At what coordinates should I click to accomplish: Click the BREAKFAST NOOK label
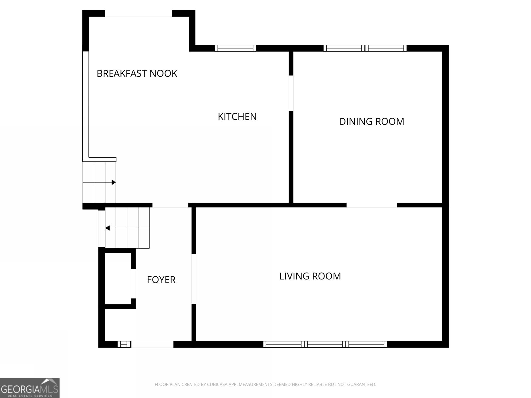click(x=137, y=73)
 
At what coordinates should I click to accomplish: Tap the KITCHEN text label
click(x=237, y=117)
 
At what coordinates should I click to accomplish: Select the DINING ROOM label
click(x=371, y=121)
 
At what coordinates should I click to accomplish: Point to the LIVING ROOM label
click(x=310, y=276)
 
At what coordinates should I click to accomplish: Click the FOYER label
click(x=161, y=280)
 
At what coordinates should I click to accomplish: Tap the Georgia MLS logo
click(x=30, y=388)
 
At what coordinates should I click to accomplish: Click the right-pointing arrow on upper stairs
click(x=114, y=182)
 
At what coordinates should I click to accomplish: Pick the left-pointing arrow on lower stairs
click(x=108, y=228)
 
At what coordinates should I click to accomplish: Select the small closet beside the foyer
click(x=118, y=279)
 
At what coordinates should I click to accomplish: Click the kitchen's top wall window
click(x=235, y=48)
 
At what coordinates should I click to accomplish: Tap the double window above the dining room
click(x=365, y=48)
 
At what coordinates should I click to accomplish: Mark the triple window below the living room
click(x=325, y=344)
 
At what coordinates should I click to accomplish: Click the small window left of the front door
click(x=124, y=344)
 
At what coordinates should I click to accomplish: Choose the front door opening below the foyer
click(x=152, y=344)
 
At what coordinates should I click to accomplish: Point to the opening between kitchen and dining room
click(x=291, y=93)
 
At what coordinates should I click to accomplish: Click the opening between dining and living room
click(x=371, y=205)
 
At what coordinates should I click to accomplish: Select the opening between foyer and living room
click(x=194, y=279)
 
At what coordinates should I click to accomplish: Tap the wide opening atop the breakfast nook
click(x=138, y=13)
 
